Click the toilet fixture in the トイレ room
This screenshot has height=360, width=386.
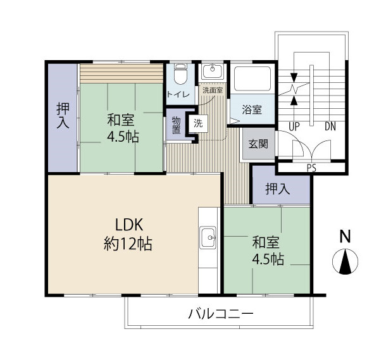click(x=180, y=74)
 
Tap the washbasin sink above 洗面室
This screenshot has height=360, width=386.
click(x=213, y=70)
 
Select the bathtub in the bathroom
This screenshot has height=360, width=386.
click(x=252, y=78)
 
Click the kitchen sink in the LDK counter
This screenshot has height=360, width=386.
click(x=209, y=237)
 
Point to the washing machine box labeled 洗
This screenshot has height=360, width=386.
click(x=199, y=123)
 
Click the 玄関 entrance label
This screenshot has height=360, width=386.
click(x=258, y=144)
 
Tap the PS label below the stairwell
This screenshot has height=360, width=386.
click(x=312, y=168)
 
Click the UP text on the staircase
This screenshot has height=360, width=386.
click(x=294, y=127)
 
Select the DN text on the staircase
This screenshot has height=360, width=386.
click(x=330, y=127)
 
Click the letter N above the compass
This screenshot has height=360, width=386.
click(x=345, y=236)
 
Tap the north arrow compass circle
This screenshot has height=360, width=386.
click(x=345, y=261)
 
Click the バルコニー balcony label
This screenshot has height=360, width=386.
click(x=221, y=314)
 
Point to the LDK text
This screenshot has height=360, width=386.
click(x=129, y=225)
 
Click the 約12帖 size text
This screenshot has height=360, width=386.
click(x=128, y=244)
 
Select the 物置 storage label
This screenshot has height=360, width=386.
click(x=176, y=125)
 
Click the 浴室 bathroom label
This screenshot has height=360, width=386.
click(x=252, y=109)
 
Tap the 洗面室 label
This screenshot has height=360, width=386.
click(x=213, y=90)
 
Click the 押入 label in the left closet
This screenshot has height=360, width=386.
click(x=63, y=115)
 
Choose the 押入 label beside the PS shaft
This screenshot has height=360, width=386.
click(x=278, y=189)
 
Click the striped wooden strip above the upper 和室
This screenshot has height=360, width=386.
click(x=121, y=74)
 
